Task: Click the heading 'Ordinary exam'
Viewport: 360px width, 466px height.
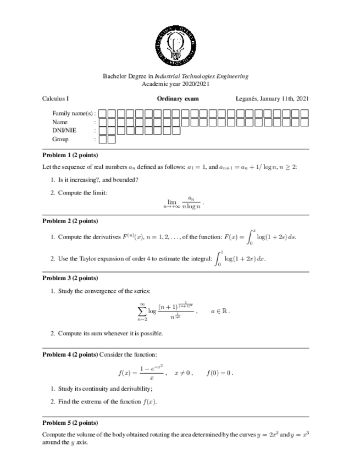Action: point(178,99)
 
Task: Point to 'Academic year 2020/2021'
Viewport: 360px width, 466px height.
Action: point(175,84)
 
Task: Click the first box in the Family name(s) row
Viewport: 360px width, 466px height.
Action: point(103,113)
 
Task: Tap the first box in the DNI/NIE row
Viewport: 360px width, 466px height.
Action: point(103,131)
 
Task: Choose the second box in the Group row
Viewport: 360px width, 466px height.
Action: point(112,140)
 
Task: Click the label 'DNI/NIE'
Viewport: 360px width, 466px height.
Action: point(64,131)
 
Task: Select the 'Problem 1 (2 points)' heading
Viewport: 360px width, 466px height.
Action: point(70,155)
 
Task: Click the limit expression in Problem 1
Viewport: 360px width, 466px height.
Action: point(184,202)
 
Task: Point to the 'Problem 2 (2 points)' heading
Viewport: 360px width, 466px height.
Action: point(70,221)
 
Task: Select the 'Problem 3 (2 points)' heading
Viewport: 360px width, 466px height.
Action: point(70,278)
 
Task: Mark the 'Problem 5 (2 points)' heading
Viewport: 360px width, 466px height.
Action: point(70,423)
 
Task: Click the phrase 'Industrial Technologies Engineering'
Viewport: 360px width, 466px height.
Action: point(201,76)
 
